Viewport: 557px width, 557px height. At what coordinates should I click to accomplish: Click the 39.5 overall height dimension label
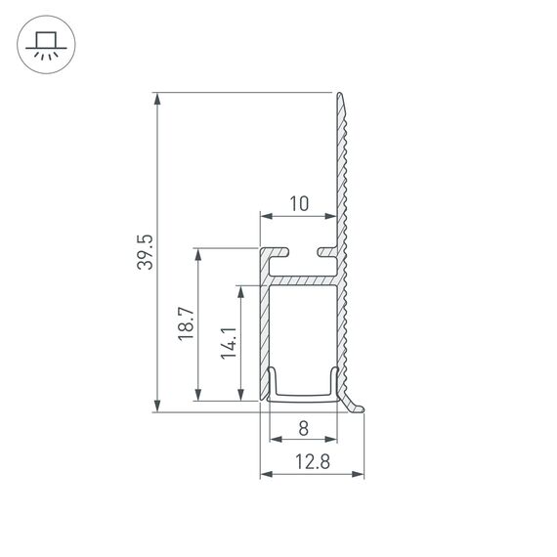(x=145, y=252)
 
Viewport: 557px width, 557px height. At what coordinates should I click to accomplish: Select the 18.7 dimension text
(x=187, y=324)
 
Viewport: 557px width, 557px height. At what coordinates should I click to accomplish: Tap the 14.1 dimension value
(x=228, y=343)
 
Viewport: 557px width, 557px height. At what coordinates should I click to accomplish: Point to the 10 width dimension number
(x=299, y=203)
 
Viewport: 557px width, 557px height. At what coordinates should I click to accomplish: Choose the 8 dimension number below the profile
(x=303, y=427)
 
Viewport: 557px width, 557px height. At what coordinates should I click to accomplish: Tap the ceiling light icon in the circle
(x=44, y=44)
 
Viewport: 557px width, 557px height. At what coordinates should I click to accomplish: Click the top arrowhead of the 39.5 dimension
(x=157, y=99)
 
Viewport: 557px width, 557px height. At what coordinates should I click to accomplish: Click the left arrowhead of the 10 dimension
(x=265, y=216)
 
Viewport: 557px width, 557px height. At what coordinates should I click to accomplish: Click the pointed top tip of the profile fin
(x=341, y=95)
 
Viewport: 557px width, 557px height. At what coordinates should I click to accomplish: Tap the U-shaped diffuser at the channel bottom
(x=303, y=396)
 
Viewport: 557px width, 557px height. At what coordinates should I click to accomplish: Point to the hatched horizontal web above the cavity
(x=303, y=279)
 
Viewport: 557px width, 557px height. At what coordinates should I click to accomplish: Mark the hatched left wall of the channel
(x=264, y=332)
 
